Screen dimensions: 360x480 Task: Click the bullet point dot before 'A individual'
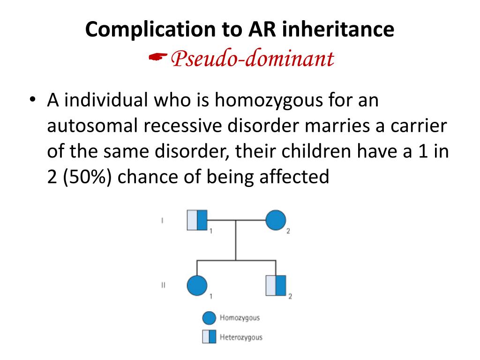[x=32, y=102]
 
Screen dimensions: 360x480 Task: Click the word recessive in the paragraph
[x=180, y=127]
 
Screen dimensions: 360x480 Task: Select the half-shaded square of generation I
[x=197, y=220]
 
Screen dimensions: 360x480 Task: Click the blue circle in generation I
[x=276, y=220]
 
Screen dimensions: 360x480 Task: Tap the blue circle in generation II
[x=197, y=285]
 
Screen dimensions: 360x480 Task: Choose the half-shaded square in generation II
[x=276, y=285]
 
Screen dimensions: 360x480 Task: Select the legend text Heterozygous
[x=241, y=337]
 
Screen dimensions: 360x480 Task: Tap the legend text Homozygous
[x=240, y=318]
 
